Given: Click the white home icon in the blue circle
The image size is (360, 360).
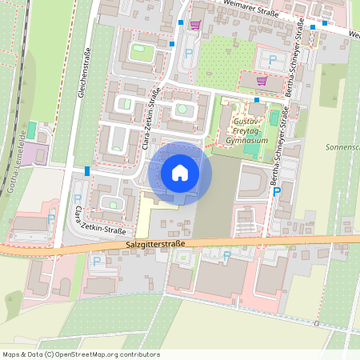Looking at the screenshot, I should pyautogui.click(x=180, y=172).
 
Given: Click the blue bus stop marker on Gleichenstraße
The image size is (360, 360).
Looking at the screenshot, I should pyautogui.click(x=86, y=170).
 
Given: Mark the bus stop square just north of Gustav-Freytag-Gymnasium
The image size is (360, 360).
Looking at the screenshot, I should pyautogui.click(x=257, y=100).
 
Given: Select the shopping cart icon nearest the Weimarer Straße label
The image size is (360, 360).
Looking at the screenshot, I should pyautogui.click(x=195, y=25).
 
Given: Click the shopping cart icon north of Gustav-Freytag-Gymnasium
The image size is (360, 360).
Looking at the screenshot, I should pyautogui.click(x=262, y=81).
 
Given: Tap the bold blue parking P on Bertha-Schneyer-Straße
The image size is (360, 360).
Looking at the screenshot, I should pyautogui.click(x=277, y=191).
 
